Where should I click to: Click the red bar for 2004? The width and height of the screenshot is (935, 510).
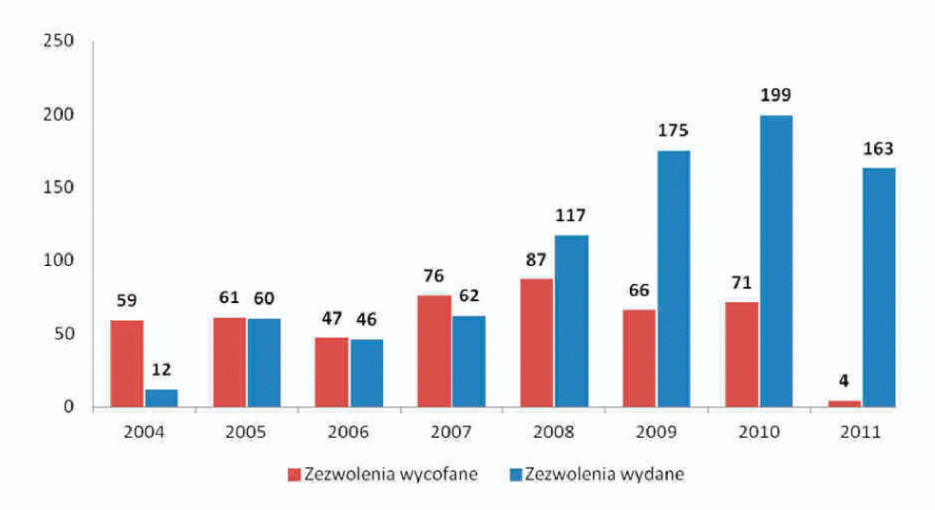(126, 364)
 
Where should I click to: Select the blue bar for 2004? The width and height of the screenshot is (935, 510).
(161, 398)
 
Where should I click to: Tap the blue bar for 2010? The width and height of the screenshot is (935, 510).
(775, 261)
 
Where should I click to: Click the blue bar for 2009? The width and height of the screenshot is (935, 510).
(673, 278)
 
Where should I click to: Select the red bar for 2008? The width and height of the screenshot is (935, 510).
(537, 342)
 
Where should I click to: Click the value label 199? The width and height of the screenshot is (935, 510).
(775, 95)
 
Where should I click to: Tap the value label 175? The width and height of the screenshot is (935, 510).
(674, 130)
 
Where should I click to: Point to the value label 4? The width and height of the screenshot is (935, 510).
(845, 383)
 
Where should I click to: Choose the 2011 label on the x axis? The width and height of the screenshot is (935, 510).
(860, 432)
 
